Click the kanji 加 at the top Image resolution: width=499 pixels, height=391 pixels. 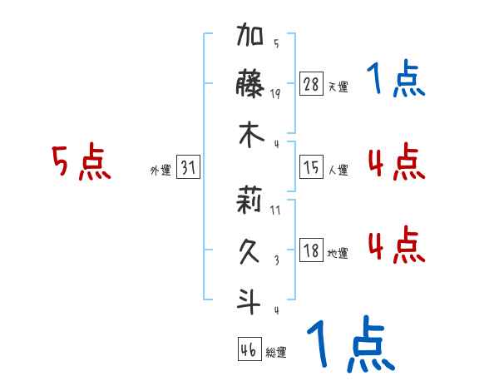[250, 38]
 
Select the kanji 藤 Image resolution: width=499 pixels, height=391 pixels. [250, 86]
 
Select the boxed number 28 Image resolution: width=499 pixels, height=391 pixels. [311, 85]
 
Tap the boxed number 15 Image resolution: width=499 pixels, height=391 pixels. [311, 168]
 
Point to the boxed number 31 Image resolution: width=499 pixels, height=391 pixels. [189, 168]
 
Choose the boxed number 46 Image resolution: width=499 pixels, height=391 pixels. [249, 350]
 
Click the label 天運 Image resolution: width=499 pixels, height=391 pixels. [338, 87]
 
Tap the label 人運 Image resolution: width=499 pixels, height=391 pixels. [338, 170]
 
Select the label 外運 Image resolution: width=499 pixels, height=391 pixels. [161, 170]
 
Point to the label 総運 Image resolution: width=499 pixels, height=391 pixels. [276, 353]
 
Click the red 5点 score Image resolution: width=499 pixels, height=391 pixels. [81, 162]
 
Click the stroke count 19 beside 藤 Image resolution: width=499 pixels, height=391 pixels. [275, 93]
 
